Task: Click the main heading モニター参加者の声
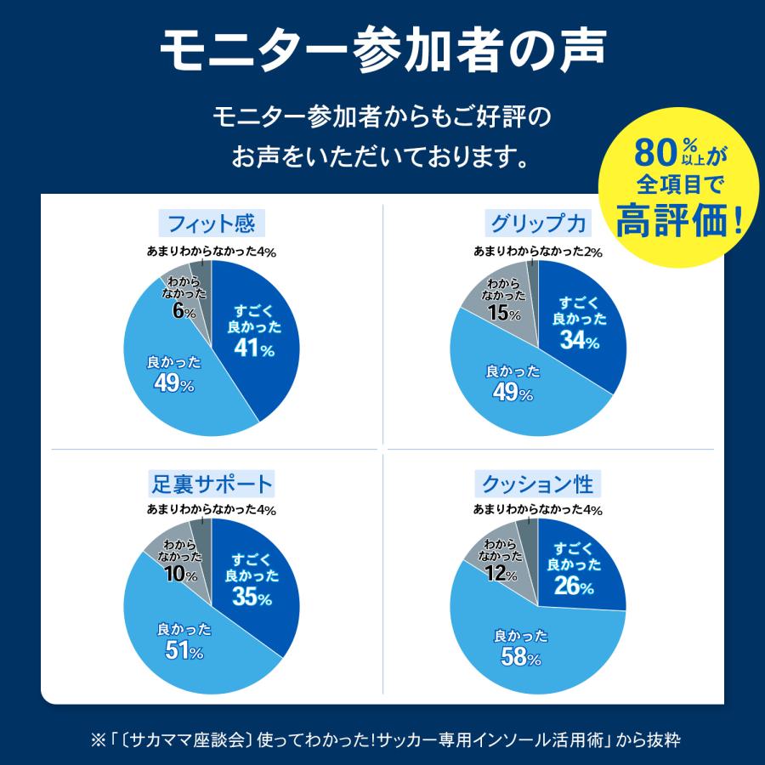point(382,53)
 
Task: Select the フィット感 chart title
point(212,224)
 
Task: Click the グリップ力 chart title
point(538,224)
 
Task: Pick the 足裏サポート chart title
point(212,484)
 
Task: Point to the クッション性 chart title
point(538,484)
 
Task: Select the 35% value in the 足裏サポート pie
point(252,598)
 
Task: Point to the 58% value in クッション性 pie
point(520,657)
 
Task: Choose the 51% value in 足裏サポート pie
point(184,652)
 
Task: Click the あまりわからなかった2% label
point(538,252)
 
